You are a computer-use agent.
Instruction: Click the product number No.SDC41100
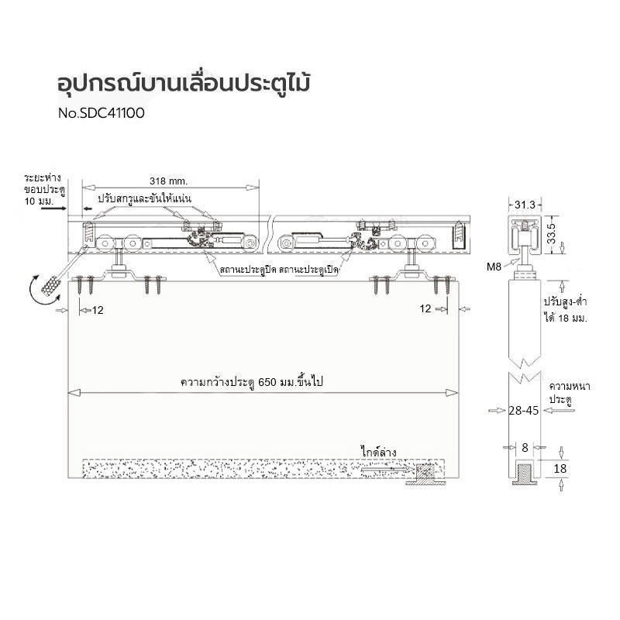click(x=102, y=113)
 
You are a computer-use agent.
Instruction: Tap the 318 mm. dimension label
click(x=169, y=181)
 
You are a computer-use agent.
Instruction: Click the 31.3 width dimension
click(x=525, y=205)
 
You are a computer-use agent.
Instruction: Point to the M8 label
click(x=494, y=267)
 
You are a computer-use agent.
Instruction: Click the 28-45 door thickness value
click(x=524, y=411)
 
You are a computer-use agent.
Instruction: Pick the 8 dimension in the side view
click(x=525, y=447)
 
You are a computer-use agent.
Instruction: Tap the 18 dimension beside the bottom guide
click(x=560, y=469)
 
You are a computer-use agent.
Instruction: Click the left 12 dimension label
click(x=98, y=310)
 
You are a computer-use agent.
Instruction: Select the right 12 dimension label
click(x=425, y=308)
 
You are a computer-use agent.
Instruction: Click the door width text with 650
click(x=251, y=382)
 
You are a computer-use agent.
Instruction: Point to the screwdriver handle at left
click(x=50, y=284)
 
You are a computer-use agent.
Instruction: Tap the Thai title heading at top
click(x=184, y=84)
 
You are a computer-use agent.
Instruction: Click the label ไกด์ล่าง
click(x=378, y=452)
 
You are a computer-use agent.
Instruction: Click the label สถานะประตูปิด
click(x=248, y=270)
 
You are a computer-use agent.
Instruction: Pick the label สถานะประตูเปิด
click(x=308, y=270)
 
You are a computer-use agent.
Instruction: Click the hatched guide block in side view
click(x=525, y=472)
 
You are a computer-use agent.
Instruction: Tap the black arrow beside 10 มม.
click(x=53, y=208)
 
